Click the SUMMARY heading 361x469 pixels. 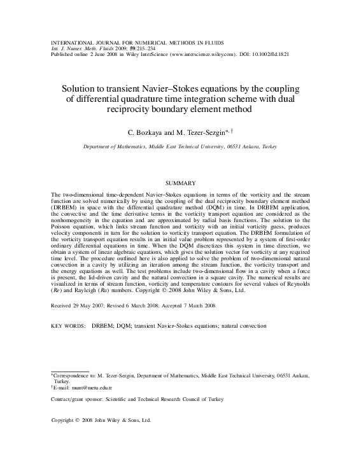(180, 183)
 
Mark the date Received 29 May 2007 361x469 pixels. (79, 305)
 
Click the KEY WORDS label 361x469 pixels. (67, 325)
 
